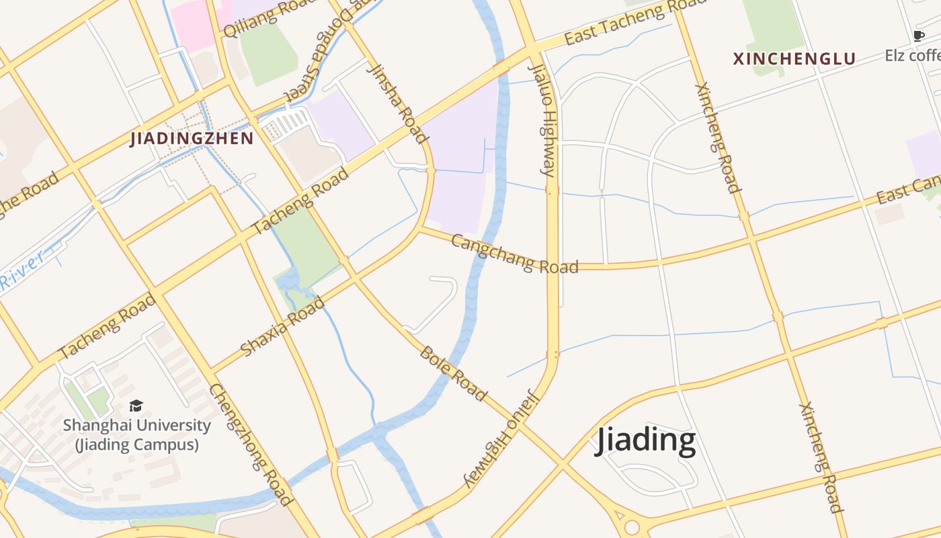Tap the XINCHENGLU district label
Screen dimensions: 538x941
tap(794, 59)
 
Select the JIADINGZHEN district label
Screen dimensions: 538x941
tap(192, 139)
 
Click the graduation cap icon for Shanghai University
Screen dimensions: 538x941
tap(136, 406)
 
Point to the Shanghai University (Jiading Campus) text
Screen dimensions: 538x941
tap(136, 434)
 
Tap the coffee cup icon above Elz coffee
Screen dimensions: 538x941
tap(918, 36)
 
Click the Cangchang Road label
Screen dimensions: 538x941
tap(514, 254)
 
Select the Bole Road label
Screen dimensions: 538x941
tap(453, 373)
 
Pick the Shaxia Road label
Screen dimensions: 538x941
tap(282, 326)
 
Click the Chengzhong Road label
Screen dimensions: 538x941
tap(251, 444)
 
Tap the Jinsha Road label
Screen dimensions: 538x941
tap(398, 104)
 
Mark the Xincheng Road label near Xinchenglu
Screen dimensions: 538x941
tap(717, 138)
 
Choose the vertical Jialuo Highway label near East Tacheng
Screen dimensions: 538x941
tap(541, 121)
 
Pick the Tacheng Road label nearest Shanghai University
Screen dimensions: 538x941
tap(108, 326)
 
